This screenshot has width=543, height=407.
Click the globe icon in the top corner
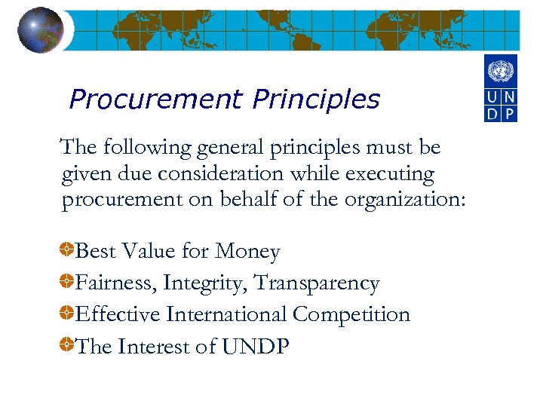(x=40, y=29)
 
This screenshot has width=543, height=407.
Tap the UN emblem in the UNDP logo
(x=500, y=72)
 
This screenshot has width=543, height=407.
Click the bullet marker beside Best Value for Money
(x=68, y=249)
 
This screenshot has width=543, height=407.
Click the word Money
(x=247, y=251)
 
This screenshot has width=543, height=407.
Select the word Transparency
(x=317, y=283)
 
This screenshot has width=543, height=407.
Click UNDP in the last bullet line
(x=256, y=347)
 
